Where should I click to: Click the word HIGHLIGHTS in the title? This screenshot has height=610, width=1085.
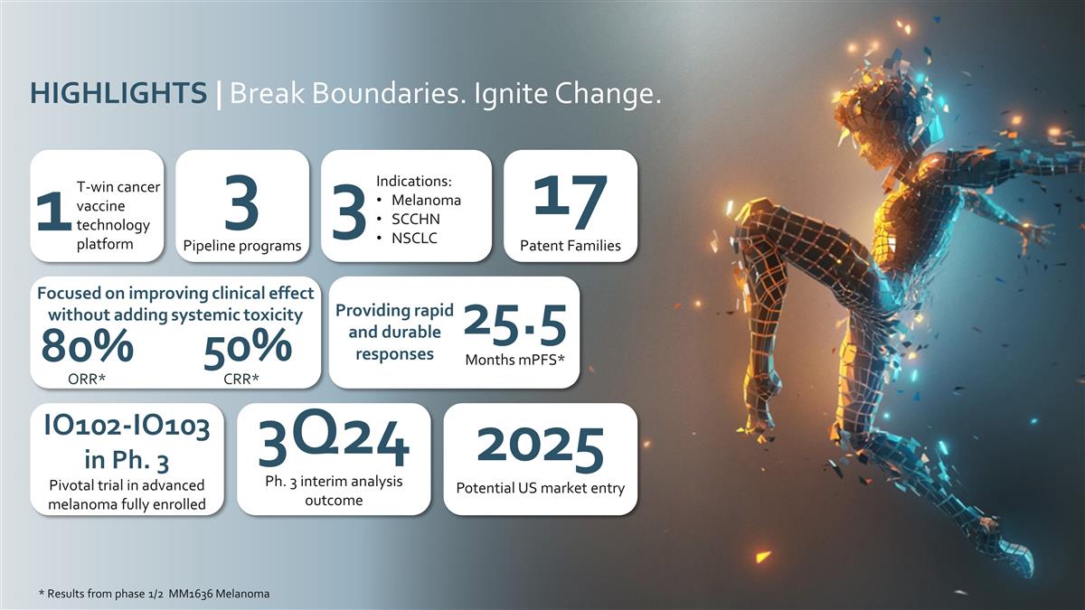pyautogui.click(x=118, y=93)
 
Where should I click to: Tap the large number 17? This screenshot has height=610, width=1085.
pyautogui.click(x=570, y=202)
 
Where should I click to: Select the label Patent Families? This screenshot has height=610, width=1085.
pyautogui.click(x=570, y=246)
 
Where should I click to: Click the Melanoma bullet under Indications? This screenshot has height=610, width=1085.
pyautogui.click(x=425, y=200)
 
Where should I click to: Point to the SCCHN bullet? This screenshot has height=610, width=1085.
pyautogui.click(x=416, y=219)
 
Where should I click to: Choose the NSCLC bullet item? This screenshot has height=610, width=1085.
pyautogui.click(x=415, y=238)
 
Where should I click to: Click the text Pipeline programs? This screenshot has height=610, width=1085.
pyautogui.click(x=241, y=246)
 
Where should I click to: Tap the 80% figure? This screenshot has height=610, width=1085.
pyautogui.click(x=88, y=347)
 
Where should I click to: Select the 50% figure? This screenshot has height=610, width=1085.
pyautogui.click(x=247, y=348)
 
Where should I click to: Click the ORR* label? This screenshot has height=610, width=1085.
pyautogui.click(x=88, y=378)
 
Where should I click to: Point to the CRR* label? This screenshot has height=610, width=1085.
pyautogui.click(x=241, y=378)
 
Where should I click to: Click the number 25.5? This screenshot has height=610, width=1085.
pyautogui.click(x=514, y=325)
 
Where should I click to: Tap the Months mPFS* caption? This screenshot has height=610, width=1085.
pyautogui.click(x=514, y=360)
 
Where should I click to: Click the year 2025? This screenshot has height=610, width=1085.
pyautogui.click(x=540, y=447)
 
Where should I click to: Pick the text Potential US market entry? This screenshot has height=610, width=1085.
pyautogui.click(x=540, y=489)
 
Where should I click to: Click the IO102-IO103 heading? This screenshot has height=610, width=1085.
pyautogui.click(x=127, y=427)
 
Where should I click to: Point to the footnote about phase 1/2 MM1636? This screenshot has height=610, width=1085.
pyautogui.click(x=154, y=594)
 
